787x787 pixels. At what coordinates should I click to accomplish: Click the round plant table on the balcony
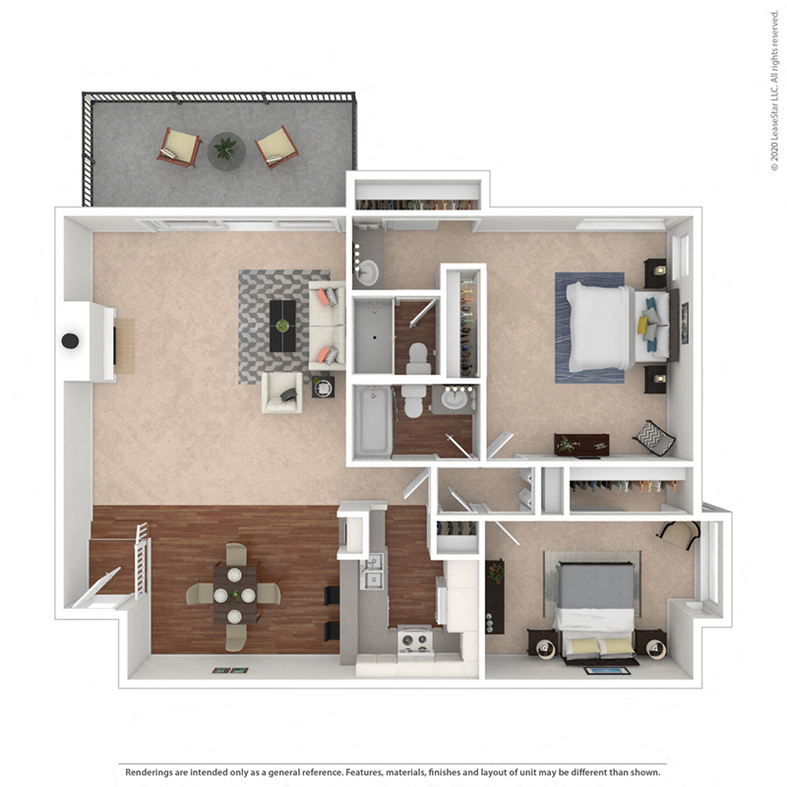tap(226, 151)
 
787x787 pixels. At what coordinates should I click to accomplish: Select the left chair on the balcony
tap(179, 148)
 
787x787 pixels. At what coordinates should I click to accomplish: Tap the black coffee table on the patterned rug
tap(282, 326)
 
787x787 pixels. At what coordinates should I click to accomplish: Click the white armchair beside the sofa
tap(281, 393)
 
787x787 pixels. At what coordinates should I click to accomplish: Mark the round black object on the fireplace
tap(71, 340)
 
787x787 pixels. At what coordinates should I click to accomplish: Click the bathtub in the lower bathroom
tap(373, 421)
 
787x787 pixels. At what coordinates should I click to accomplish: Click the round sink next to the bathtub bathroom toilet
tap(454, 399)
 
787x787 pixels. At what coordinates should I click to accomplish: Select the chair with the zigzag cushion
tap(653, 437)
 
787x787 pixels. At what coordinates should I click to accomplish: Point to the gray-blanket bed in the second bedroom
tap(596, 600)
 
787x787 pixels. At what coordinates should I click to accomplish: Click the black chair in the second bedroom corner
tap(679, 534)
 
